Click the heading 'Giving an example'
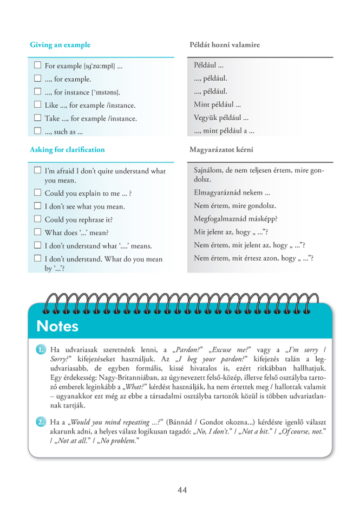coord(60,45)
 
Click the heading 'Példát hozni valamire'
coord(225,45)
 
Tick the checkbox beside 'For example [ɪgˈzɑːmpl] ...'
coord(37,66)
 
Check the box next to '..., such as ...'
coord(37,131)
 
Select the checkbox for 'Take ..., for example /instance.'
coord(37,118)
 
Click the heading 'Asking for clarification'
coord(67,150)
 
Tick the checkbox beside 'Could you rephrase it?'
coord(37,219)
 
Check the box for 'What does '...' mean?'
coord(37,232)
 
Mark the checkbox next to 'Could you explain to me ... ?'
coord(37,192)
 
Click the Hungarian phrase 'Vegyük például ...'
coord(221,118)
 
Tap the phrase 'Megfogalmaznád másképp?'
coord(235,219)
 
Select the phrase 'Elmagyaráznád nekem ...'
coord(232,192)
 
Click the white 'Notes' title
coord(57,326)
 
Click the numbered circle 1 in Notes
coord(41,350)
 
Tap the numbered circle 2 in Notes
coord(41,422)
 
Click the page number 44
coord(182,490)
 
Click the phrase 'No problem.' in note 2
coord(119,440)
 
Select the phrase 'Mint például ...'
coord(217,105)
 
